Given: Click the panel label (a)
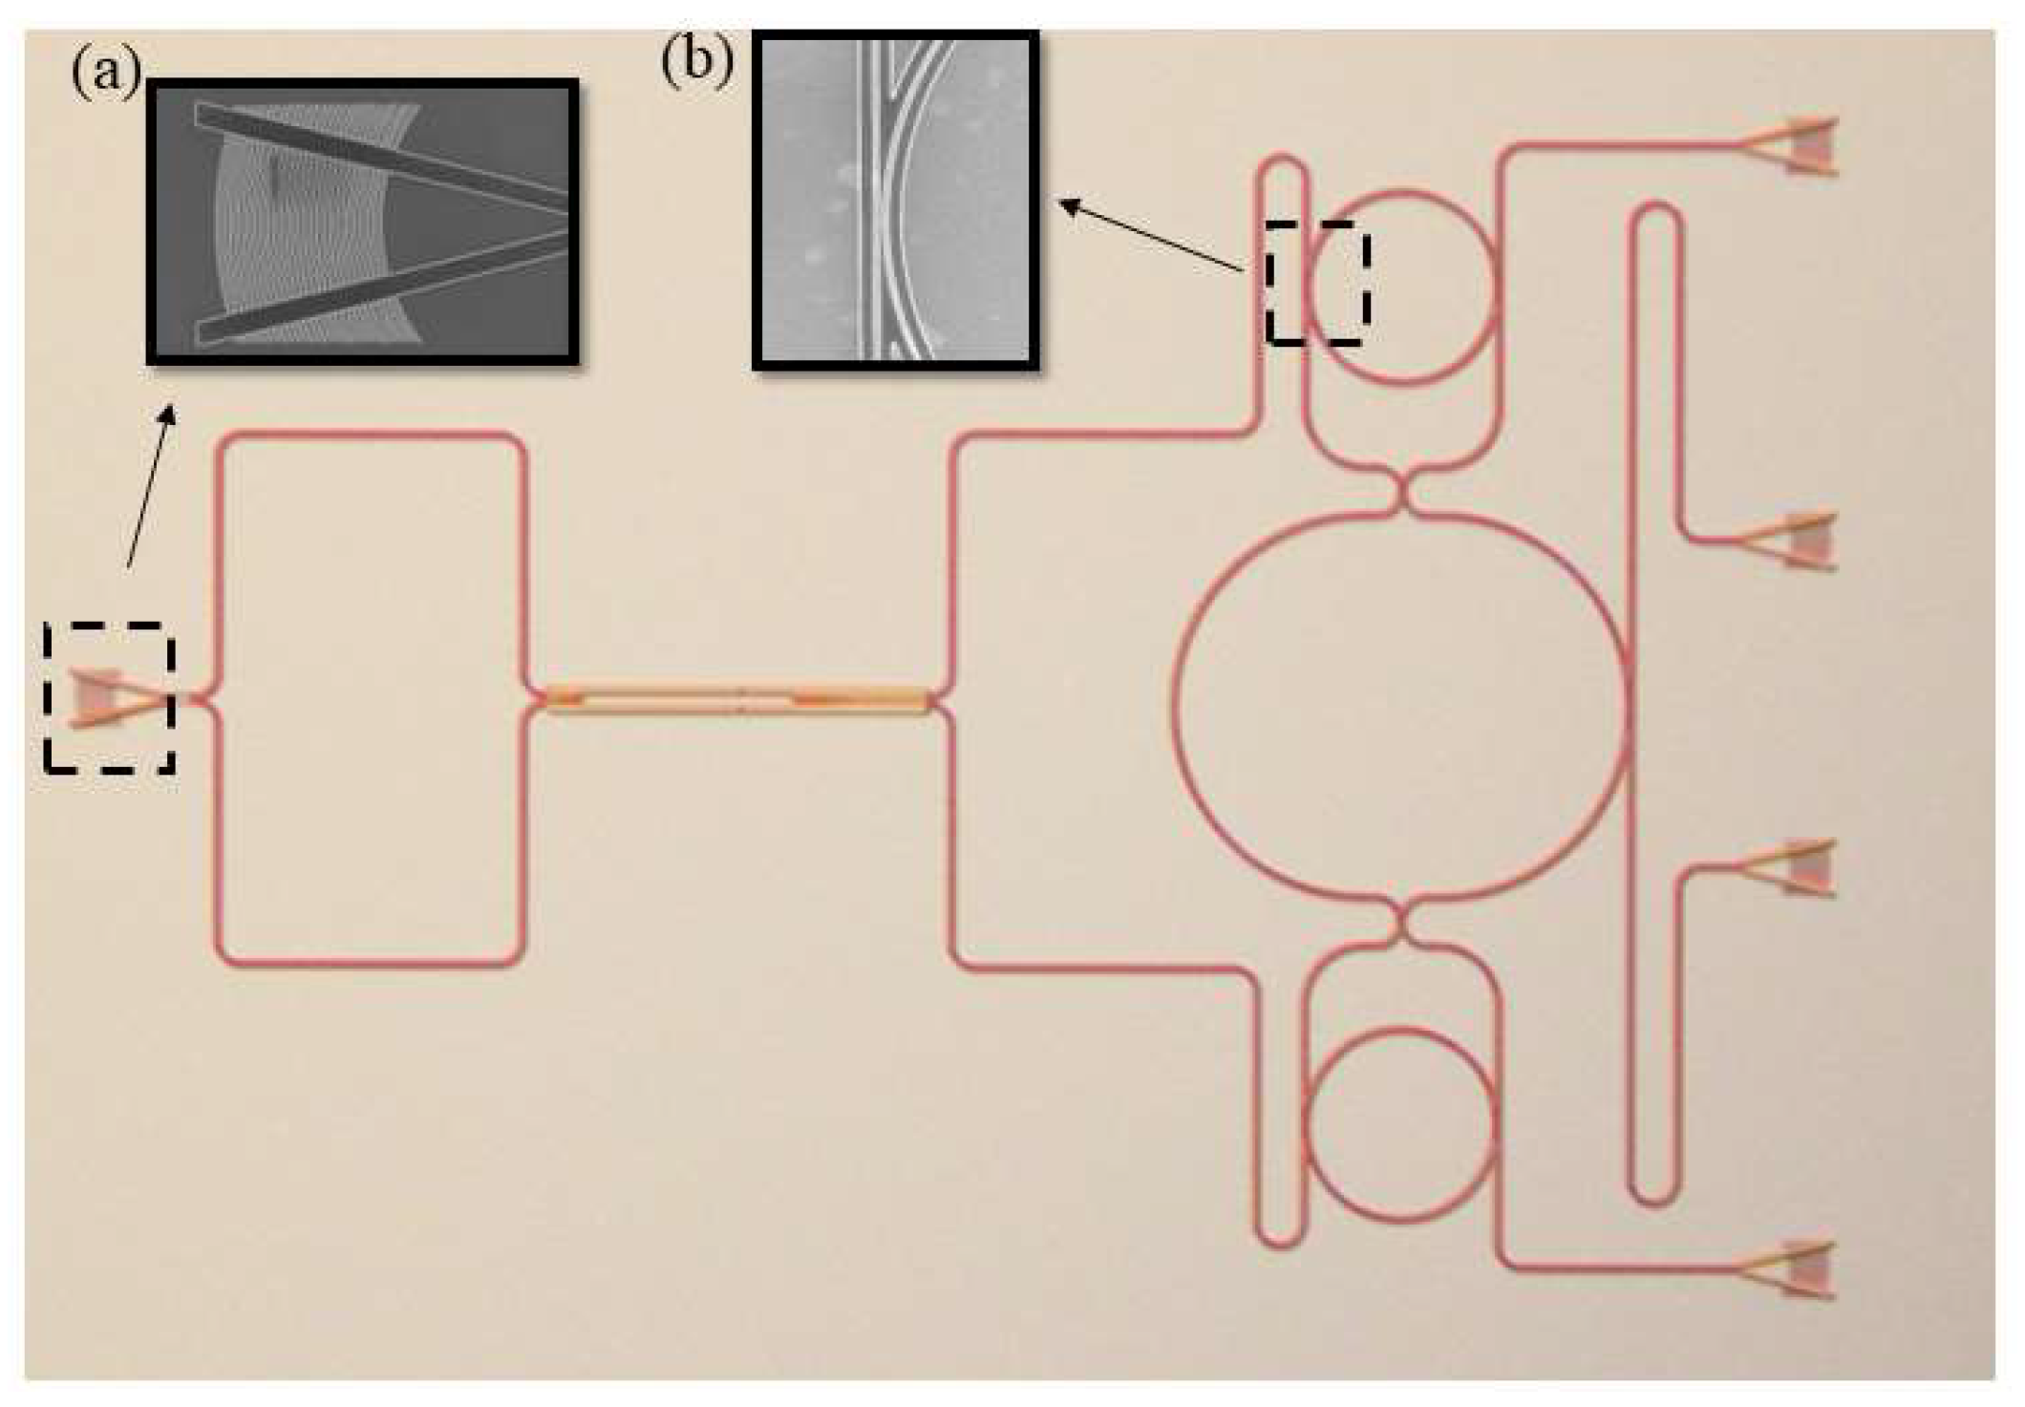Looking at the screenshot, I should tap(105, 71).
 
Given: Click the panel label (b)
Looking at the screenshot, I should tap(696, 60).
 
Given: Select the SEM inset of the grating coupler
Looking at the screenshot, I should tap(362, 222).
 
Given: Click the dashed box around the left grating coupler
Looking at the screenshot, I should tap(109, 696).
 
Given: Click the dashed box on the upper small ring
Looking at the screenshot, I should tap(1318, 283).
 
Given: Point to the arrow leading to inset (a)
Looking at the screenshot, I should tap(150, 487).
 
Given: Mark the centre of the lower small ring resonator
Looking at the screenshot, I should tap(1399, 1124).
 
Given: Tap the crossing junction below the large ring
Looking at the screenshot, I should tap(1400, 923).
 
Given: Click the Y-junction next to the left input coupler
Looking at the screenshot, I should tap(208, 700).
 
